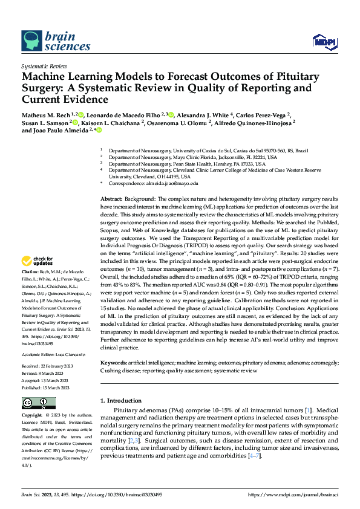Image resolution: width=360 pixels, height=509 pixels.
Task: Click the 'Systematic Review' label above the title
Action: [43, 65]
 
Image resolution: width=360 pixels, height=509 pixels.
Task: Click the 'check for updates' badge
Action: [38, 261]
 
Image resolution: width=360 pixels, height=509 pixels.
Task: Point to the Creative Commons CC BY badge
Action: [38, 403]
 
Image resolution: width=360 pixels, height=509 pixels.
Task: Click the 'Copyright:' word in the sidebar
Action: [31, 415]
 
